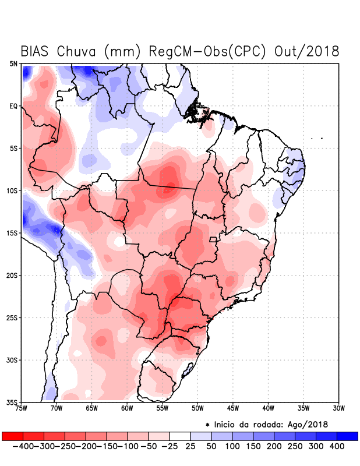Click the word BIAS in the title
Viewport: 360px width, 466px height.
(x=36, y=51)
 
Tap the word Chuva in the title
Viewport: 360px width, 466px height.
(x=77, y=51)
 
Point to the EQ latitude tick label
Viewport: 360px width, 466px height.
(x=13, y=106)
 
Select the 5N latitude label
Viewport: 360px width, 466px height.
(x=13, y=63)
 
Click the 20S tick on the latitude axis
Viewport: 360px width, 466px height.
(x=12, y=275)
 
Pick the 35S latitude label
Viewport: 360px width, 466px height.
(x=12, y=402)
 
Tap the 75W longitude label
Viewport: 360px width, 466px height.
(x=22, y=408)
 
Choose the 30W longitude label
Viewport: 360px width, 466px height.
(x=338, y=408)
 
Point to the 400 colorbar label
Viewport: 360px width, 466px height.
(x=337, y=446)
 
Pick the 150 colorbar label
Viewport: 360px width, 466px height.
(x=253, y=446)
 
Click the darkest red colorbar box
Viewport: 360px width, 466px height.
(x=12, y=436)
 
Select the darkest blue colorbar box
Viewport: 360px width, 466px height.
(x=347, y=436)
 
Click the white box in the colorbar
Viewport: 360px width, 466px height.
(x=180, y=436)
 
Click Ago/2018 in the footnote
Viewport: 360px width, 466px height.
(x=308, y=423)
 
